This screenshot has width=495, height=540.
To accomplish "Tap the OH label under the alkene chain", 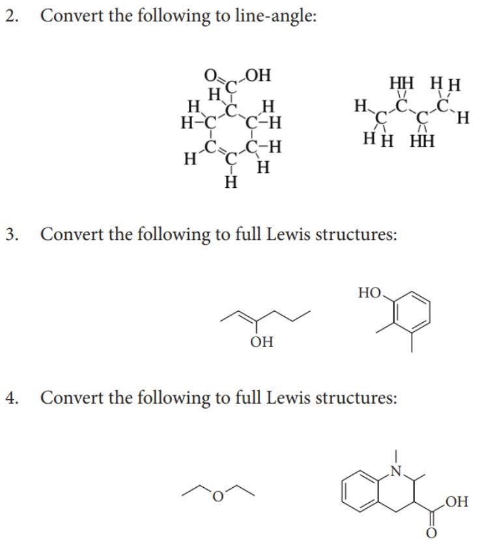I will click(x=262, y=342).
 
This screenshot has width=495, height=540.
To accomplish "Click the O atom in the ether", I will click(x=219, y=499).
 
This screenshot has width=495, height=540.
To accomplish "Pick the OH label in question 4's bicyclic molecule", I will click(x=457, y=502).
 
